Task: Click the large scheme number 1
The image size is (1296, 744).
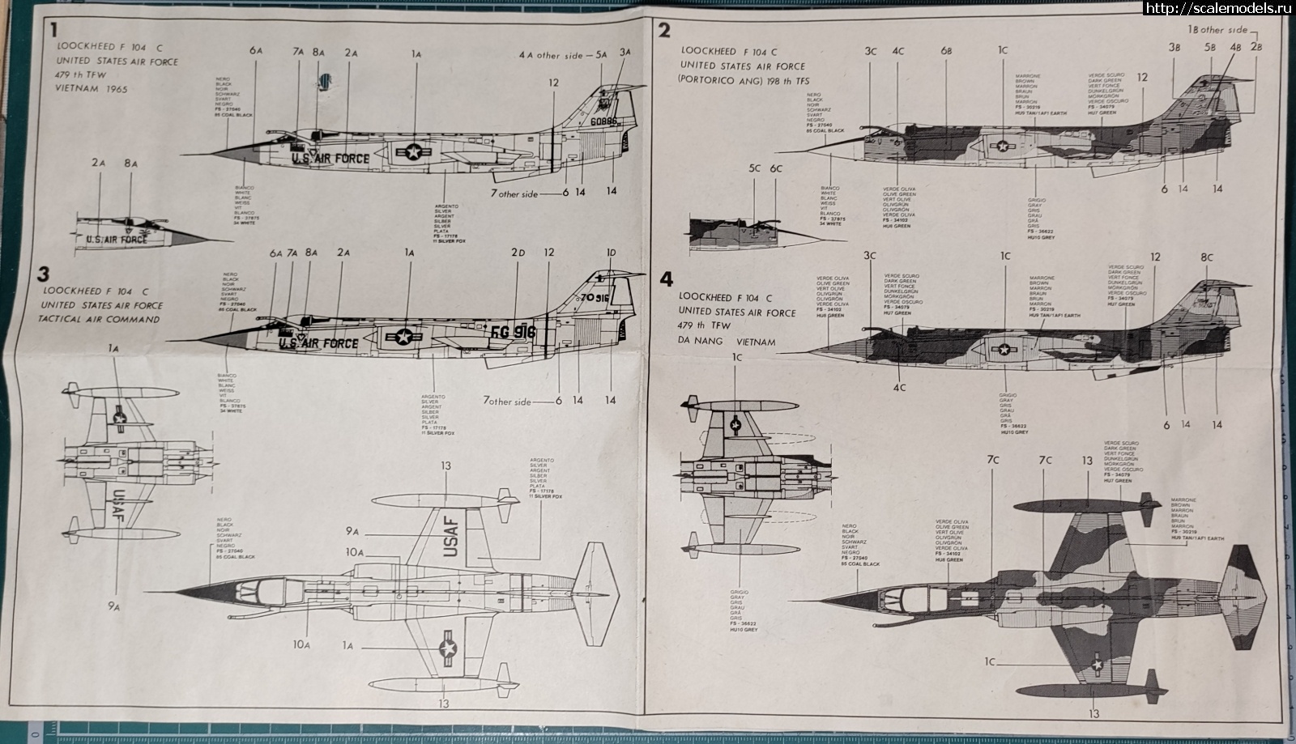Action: [53, 31]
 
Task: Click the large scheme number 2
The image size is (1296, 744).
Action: [664, 31]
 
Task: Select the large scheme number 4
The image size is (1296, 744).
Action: [666, 279]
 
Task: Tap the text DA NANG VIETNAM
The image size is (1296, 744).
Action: [727, 342]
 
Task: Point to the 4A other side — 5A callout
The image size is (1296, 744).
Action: [563, 55]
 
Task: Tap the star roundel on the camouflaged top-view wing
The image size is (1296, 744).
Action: [1098, 665]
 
